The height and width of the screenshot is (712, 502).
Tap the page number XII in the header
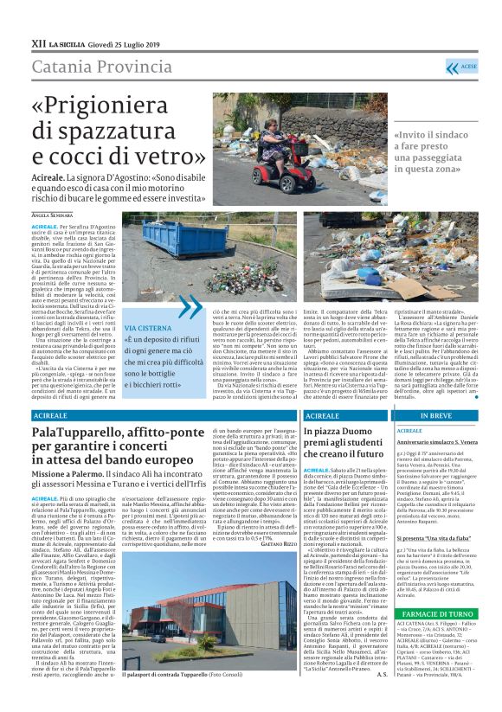[38, 42]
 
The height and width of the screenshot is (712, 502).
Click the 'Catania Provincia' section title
[103, 67]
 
